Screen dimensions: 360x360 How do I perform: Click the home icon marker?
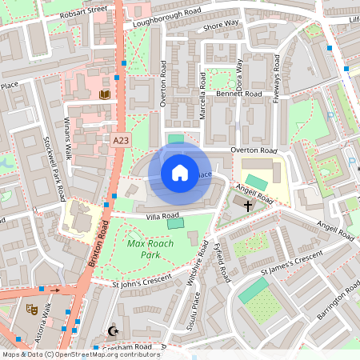point(180,172)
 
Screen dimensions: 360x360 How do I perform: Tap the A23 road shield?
point(121,140)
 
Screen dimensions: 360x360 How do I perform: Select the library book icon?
point(103,95)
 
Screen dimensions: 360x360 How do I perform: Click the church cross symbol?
point(248,206)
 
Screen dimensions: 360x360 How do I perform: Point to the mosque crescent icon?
point(112,330)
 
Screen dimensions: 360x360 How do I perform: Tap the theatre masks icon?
point(32,309)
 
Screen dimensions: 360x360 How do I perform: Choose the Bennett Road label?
point(240,94)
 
